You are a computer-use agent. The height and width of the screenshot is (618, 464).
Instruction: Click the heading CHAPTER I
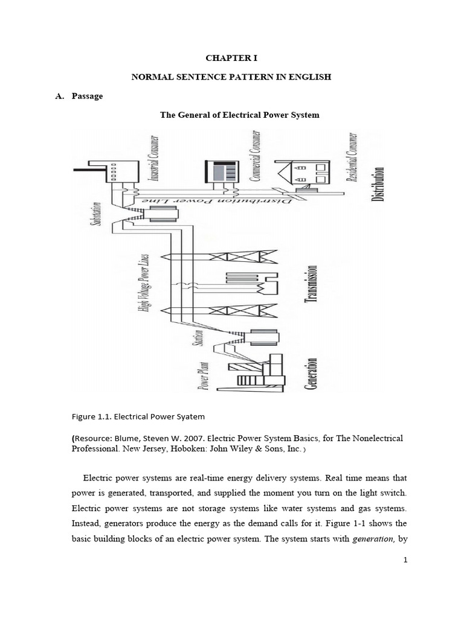tap(232, 59)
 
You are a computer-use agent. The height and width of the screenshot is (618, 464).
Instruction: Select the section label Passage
tap(87, 96)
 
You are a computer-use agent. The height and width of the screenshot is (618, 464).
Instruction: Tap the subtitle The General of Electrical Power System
tap(239, 115)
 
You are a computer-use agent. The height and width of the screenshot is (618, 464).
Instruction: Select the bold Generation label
tap(312, 374)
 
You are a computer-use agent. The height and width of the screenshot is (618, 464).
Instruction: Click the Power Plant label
tap(205, 376)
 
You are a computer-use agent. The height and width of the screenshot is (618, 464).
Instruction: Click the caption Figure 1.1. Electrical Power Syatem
tap(138, 416)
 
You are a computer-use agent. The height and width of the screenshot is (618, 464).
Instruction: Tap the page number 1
tap(406, 560)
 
